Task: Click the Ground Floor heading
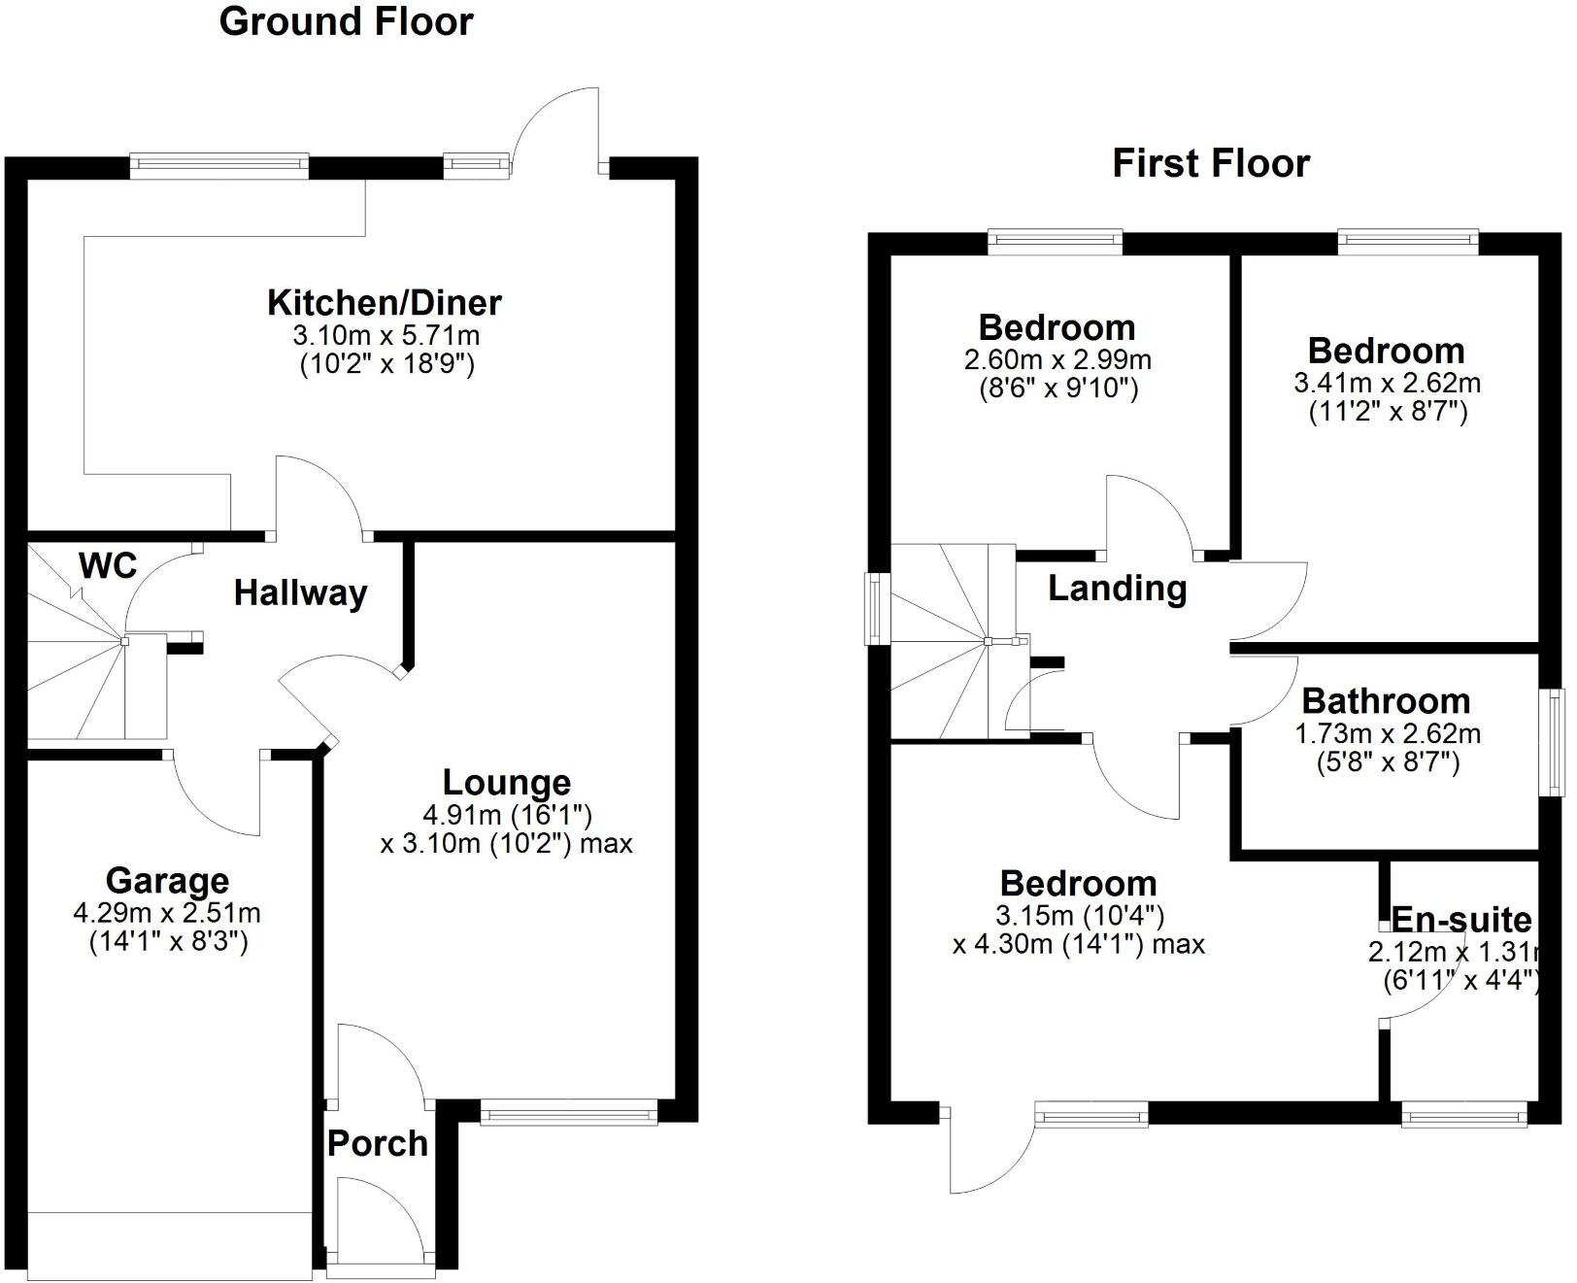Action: [x=346, y=21]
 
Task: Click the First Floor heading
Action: [x=1210, y=163]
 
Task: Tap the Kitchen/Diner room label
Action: [x=385, y=302]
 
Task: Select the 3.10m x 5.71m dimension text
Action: [x=386, y=336]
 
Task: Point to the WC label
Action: [x=108, y=565]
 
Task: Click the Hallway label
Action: [x=300, y=592]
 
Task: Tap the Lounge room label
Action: [x=506, y=782]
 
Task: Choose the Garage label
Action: [x=167, y=881]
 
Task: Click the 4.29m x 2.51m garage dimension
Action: [x=167, y=913]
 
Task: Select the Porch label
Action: [x=377, y=1143]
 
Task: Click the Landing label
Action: [x=1117, y=589]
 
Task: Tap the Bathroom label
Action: [x=1386, y=700]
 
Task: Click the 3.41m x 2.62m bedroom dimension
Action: [x=1387, y=383]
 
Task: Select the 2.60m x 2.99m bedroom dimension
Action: [x=1057, y=360]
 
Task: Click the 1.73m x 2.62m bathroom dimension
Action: [x=1387, y=733]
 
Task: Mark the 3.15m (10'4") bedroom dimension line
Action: [x=1079, y=915]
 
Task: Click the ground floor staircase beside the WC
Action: [x=78, y=670]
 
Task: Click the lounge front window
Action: [x=569, y=1112]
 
